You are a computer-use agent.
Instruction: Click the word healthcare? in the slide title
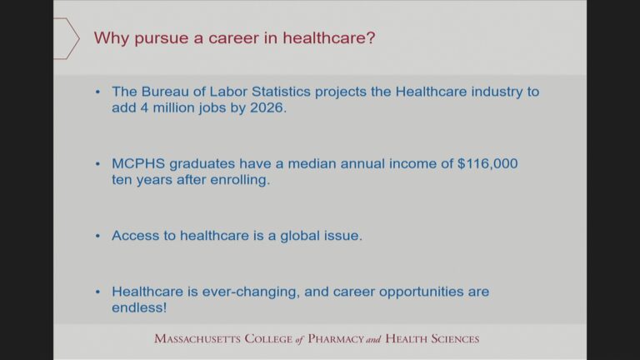click(329, 38)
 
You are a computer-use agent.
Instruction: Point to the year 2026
click(268, 107)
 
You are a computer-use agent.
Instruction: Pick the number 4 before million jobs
click(144, 107)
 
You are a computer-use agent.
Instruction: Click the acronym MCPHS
click(138, 163)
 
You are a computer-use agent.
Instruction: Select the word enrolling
click(240, 180)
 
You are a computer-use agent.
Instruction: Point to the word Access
click(136, 236)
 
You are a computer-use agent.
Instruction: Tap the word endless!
click(139, 307)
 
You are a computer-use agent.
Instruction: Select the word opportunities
click(421, 292)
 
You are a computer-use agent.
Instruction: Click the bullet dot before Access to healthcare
click(97, 236)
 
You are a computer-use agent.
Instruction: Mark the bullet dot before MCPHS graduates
click(97, 164)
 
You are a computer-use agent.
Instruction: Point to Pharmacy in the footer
click(336, 339)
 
